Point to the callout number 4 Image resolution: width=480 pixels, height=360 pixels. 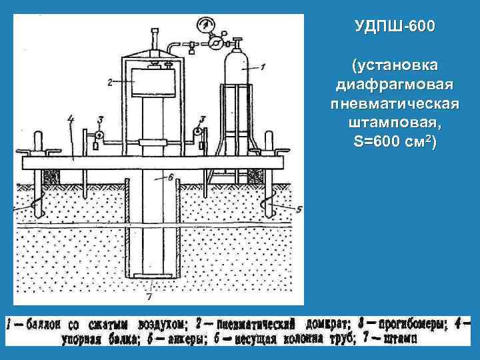71,119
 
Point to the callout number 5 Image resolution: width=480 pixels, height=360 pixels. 298,209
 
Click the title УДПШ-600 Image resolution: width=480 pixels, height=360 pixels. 394,27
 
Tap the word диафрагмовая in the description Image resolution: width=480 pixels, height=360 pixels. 394,86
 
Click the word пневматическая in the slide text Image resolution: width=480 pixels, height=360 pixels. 394,105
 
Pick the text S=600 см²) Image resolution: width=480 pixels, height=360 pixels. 394,143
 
